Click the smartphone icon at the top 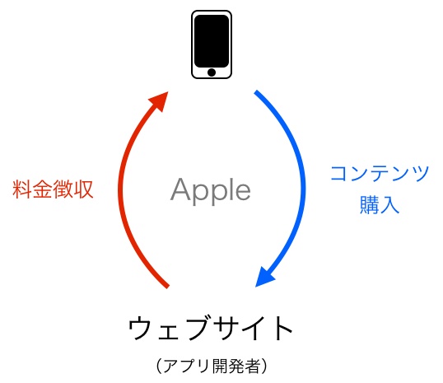(x=212, y=44)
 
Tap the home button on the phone (x=212, y=72)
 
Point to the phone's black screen (x=212, y=41)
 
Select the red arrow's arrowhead (x=159, y=101)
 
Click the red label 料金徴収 (x=53, y=189)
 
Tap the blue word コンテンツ (x=380, y=173)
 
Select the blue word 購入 (x=380, y=204)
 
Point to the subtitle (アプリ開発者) (x=211, y=366)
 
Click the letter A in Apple (x=181, y=189)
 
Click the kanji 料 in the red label (x=22, y=189)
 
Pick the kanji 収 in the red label (x=84, y=189)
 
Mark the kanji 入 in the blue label (x=389, y=204)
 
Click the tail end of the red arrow (x=167, y=287)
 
